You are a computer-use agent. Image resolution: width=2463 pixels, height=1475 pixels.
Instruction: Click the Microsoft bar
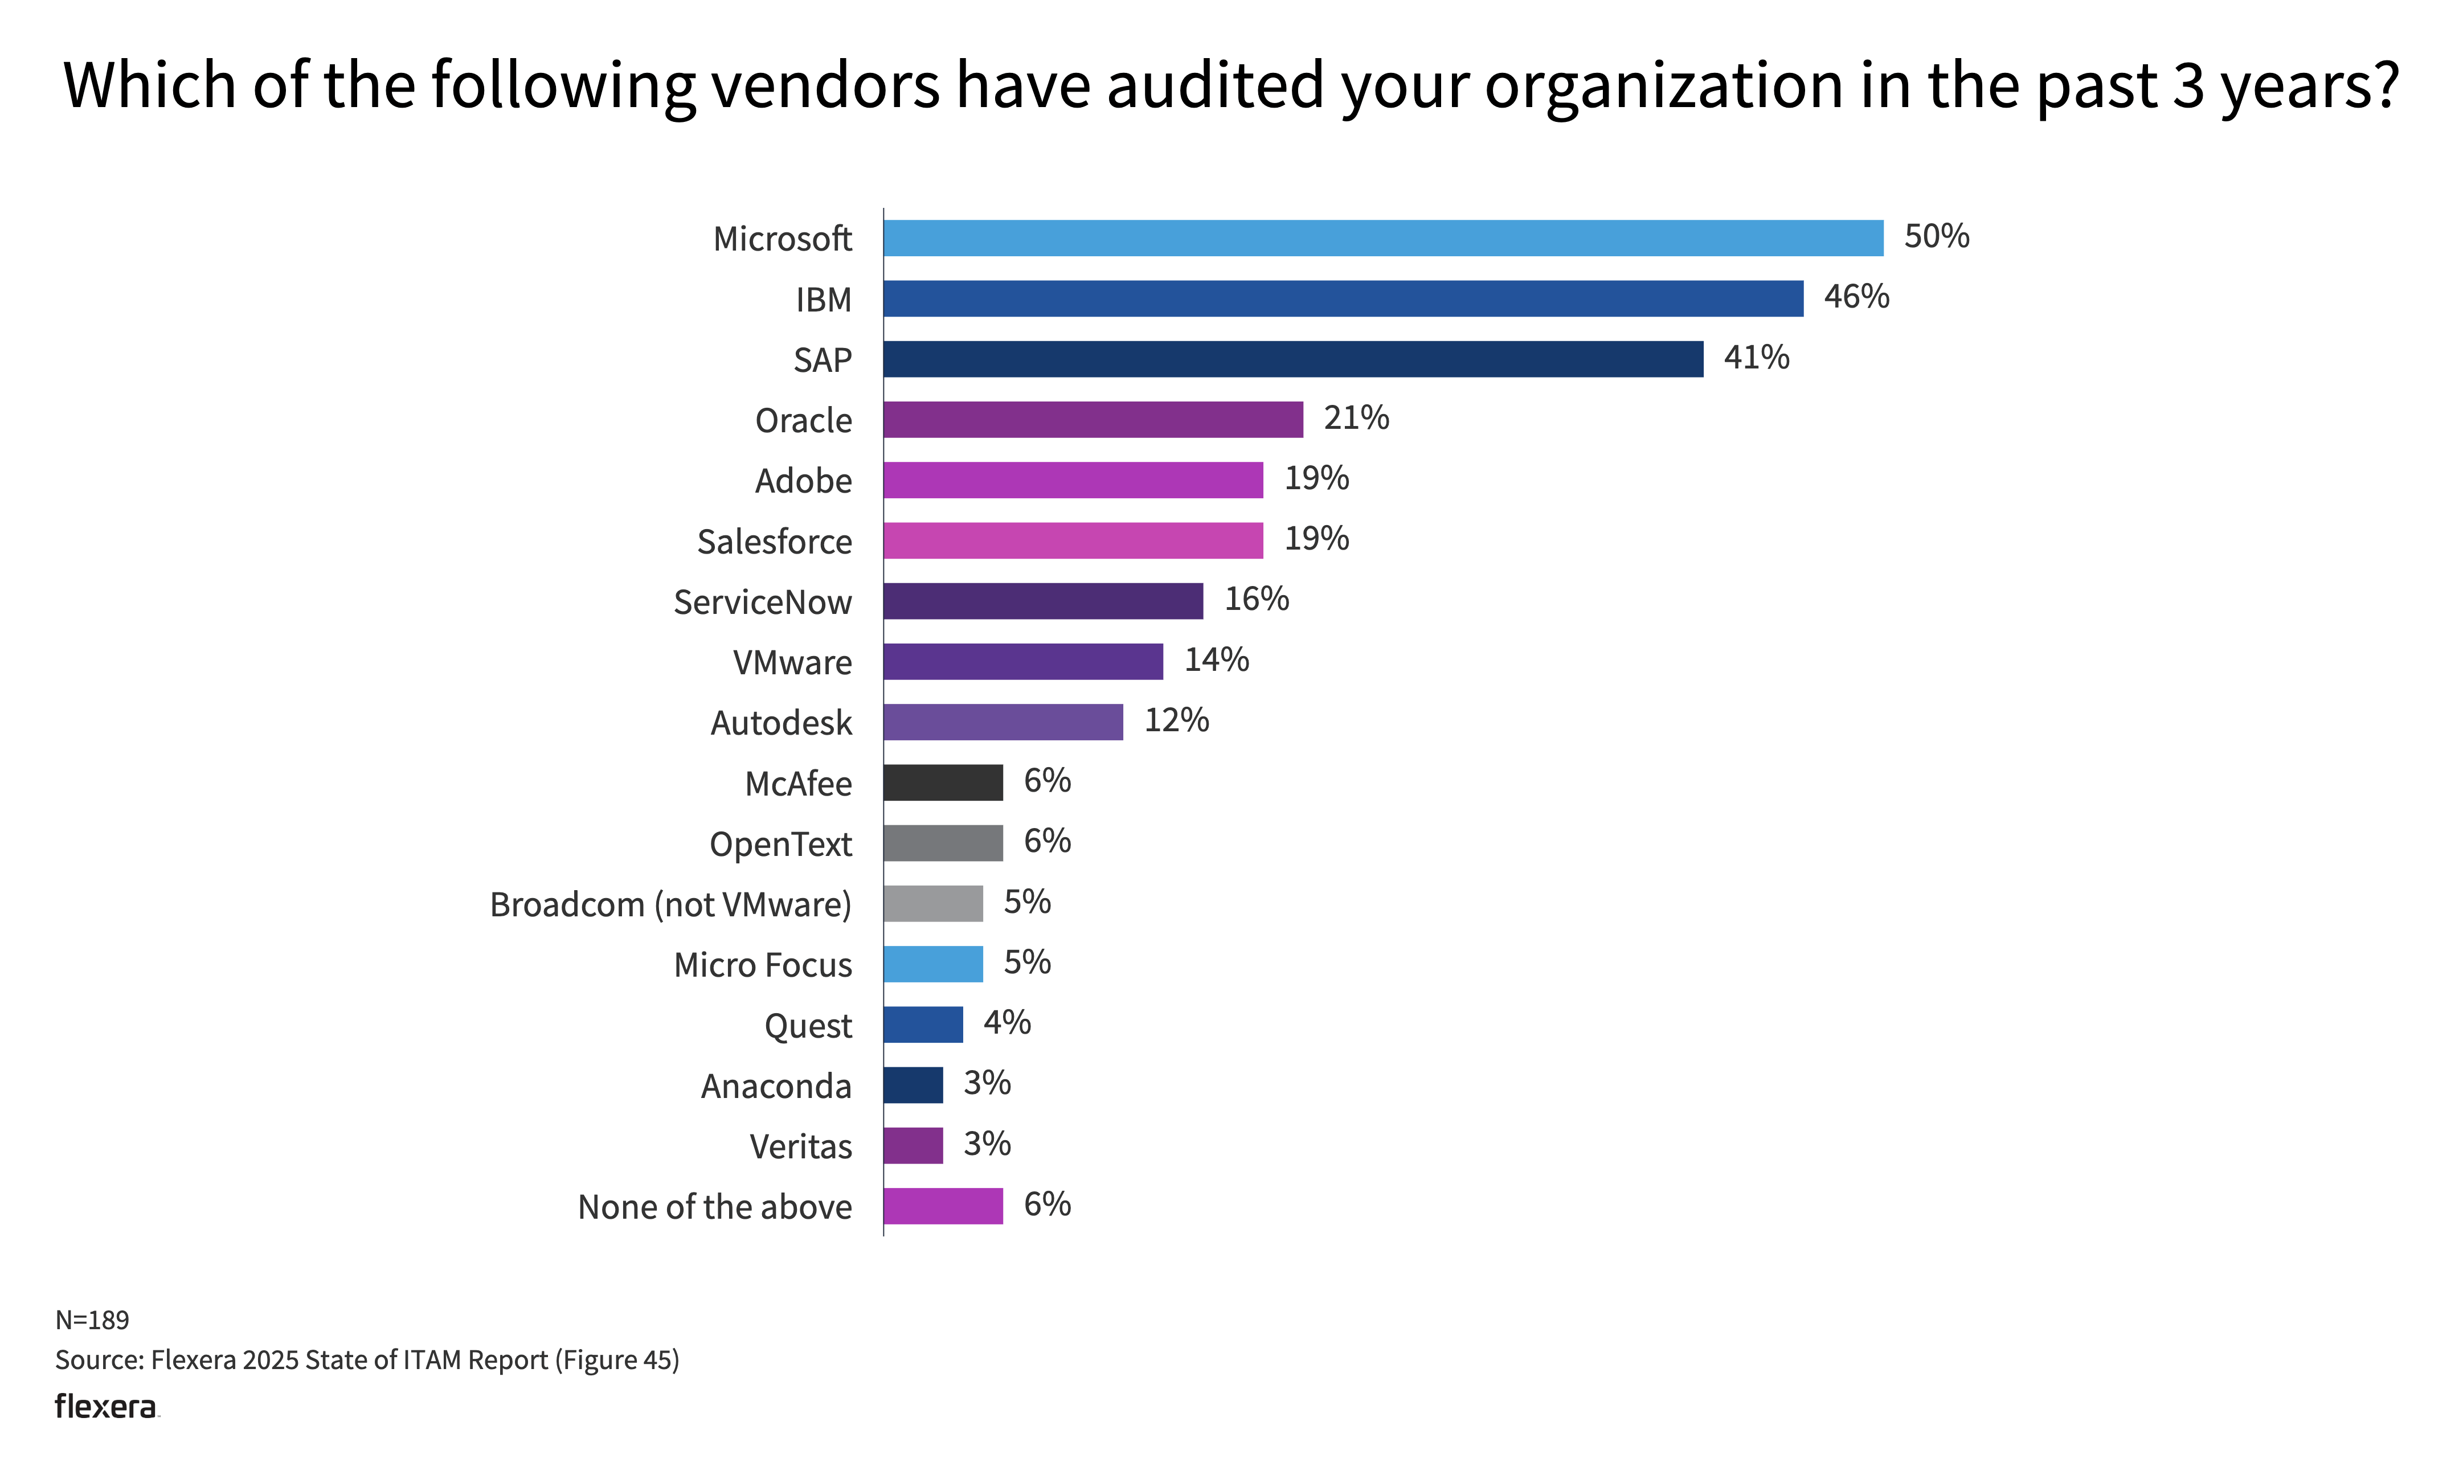[x=1382, y=239]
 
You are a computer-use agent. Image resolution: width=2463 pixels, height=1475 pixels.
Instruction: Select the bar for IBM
[x=1343, y=299]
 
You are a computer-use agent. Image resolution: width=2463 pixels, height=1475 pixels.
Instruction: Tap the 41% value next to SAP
[x=1756, y=358]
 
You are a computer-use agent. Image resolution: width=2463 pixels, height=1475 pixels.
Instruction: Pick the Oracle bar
[x=1093, y=420]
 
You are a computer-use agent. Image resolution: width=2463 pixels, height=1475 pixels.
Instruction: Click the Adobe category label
[x=803, y=481]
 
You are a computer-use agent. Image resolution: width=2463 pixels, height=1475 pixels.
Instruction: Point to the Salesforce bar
[x=1073, y=540]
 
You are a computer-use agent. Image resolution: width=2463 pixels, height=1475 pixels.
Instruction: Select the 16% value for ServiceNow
[x=1257, y=599]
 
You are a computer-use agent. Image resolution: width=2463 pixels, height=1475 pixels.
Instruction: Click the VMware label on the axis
[x=792, y=663]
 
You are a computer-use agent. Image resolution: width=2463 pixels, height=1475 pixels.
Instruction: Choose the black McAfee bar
[x=942, y=783]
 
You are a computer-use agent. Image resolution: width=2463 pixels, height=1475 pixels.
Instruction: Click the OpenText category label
[x=780, y=845]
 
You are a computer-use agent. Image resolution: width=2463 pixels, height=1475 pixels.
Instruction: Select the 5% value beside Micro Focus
[x=1027, y=962]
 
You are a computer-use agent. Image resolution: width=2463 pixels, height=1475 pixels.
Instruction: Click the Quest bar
[x=922, y=1025]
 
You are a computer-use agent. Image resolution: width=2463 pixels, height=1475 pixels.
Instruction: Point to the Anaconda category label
[x=776, y=1087]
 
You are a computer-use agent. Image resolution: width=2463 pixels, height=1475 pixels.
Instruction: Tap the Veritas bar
[x=913, y=1146]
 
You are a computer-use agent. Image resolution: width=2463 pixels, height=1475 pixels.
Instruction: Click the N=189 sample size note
[x=92, y=1320]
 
